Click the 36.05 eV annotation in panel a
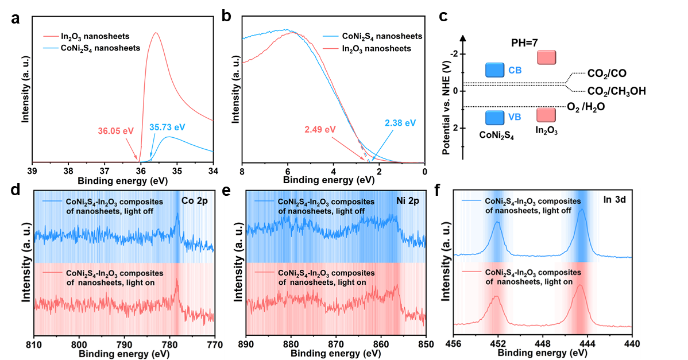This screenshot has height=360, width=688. (x=115, y=131)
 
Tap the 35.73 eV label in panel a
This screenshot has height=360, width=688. (x=167, y=127)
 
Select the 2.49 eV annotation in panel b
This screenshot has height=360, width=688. (x=320, y=129)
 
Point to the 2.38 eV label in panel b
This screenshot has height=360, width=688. (x=400, y=123)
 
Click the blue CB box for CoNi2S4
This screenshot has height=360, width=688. (x=494, y=70)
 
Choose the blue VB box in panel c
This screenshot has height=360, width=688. (x=494, y=118)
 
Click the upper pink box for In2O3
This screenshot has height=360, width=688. (x=546, y=57)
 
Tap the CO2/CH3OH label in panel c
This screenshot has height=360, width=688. (x=616, y=91)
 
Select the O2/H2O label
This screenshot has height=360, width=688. (x=586, y=107)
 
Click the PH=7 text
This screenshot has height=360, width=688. (x=524, y=43)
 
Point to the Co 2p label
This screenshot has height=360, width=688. (x=194, y=201)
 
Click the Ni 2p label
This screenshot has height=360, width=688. (x=408, y=201)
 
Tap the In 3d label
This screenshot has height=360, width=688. (x=614, y=199)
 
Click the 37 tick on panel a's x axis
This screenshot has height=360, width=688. (x=105, y=171)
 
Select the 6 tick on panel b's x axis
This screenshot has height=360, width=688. (x=288, y=172)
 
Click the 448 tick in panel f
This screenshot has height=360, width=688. (x=543, y=344)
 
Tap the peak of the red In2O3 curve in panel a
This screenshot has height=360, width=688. (x=155, y=33)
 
